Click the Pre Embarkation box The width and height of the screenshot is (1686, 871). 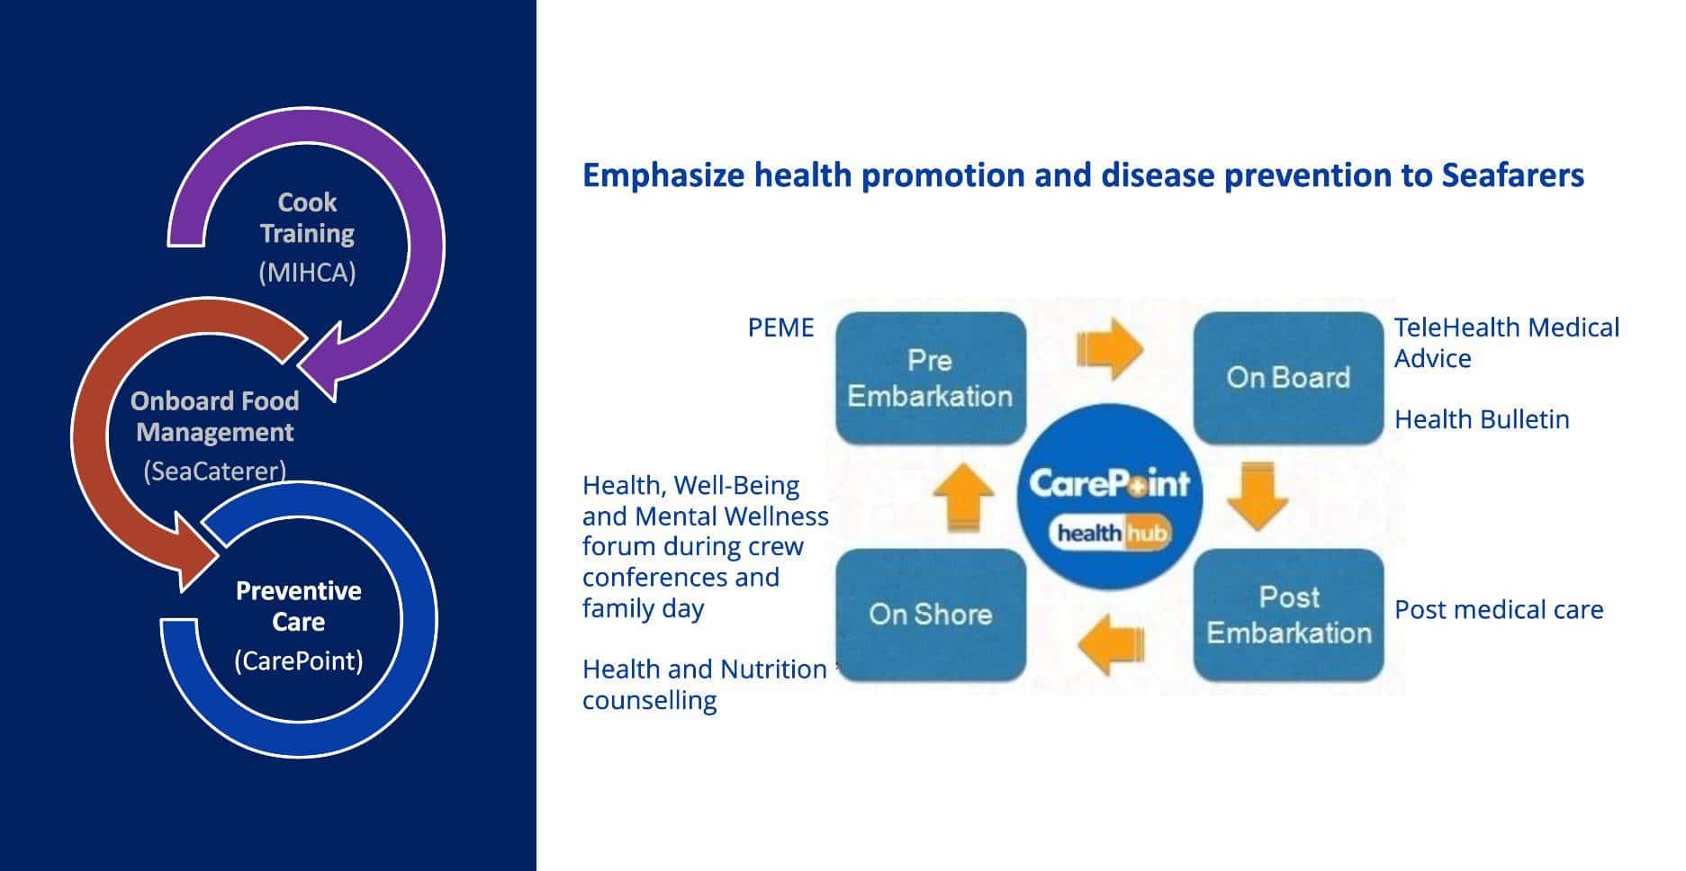pyautogui.click(x=931, y=378)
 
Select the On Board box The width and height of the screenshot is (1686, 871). pyautogui.click(x=1288, y=378)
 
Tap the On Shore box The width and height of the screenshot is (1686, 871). pyautogui.click(x=931, y=615)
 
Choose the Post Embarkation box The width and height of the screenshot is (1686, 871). pyautogui.click(x=1288, y=615)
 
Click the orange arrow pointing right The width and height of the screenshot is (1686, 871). pyautogui.click(x=1110, y=348)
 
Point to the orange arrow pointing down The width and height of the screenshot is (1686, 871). pyautogui.click(x=1258, y=496)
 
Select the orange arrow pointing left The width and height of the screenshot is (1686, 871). pyautogui.click(x=1111, y=644)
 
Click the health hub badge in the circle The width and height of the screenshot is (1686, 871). pyautogui.click(x=1111, y=534)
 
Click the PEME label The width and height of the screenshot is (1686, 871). pyautogui.click(x=780, y=328)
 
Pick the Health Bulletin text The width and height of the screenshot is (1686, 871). pyautogui.click(x=1482, y=419)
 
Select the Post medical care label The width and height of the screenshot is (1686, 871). pyautogui.click(x=1499, y=610)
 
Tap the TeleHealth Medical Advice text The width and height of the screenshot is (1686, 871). pyautogui.click(x=1506, y=343)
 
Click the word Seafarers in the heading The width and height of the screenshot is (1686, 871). pyautogui.click(x=1512, y=175)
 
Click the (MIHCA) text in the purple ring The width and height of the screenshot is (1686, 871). pyautogui.click(x=307, y=273)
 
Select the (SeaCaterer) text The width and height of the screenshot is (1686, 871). pyautogui.click(x=215, y=471)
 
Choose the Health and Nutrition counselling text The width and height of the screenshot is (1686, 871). pyautogui.click(x=704, y=685)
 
